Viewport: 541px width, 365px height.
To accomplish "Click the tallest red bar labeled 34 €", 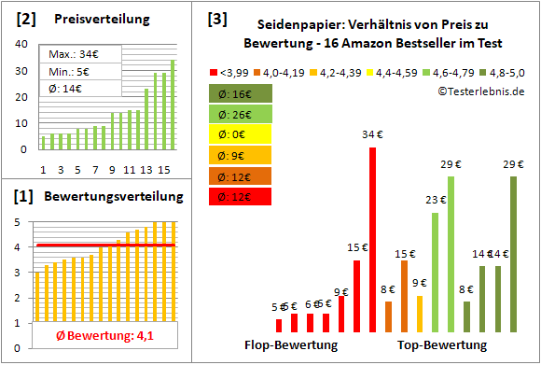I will coord(373,240).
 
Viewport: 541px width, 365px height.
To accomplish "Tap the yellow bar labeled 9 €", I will coord(420,314).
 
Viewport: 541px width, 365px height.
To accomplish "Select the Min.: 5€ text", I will coord(69,71).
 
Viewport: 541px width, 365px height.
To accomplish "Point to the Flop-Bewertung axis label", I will coord(290,344).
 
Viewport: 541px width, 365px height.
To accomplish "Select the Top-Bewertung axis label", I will coord(442,344).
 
